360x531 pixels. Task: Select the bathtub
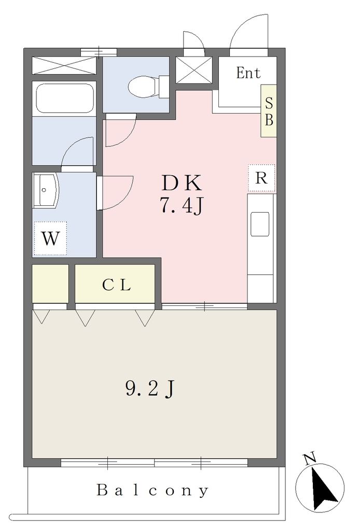(x=64, y=98)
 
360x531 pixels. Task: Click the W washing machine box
(x=50, y=239)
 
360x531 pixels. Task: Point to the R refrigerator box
(x=261, y=178)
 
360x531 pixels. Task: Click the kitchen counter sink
(x=260, y=224)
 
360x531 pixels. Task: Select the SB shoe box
(x=269, y=111)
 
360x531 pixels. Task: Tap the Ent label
(x=248, y=73)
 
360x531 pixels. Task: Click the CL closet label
(x=116, y=285)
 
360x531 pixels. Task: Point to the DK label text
(x=182, y=183)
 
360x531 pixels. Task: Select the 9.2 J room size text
(x=150, y=389)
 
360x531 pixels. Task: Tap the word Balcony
(x=153, y=490)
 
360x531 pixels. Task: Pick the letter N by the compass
(x=310, y=458)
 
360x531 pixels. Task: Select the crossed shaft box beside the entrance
(x=194, y=70)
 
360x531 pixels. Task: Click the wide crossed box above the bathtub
(x=64, y=65)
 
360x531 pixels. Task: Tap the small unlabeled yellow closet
(x=50, y=284)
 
